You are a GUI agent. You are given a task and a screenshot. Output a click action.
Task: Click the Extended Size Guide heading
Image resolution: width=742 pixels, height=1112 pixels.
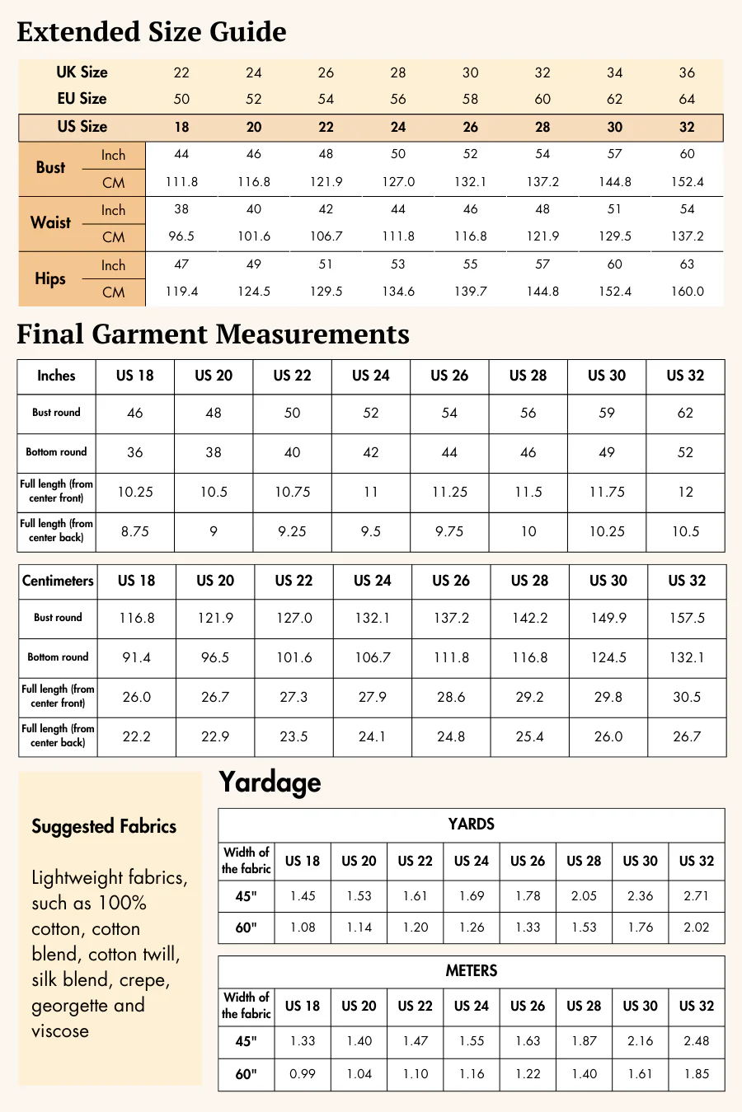pos(152,31)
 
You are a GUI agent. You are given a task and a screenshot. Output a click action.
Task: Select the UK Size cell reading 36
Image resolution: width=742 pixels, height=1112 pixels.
pos(687,72)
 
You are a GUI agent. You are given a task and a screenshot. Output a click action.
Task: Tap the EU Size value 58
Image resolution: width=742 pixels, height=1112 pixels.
pos(470,99)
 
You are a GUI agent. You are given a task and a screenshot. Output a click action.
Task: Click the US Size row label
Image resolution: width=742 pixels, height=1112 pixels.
pos(82,127)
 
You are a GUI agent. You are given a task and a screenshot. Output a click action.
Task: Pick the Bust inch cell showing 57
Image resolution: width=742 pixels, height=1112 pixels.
pos(614,154)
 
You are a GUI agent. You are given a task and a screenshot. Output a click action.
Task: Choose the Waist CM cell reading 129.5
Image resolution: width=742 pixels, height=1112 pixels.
pos(614,236)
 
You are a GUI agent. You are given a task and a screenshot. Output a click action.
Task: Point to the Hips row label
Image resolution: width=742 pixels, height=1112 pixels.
pos(50,278)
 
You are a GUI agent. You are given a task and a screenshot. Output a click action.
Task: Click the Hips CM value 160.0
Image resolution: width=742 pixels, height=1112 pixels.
pos(687,292)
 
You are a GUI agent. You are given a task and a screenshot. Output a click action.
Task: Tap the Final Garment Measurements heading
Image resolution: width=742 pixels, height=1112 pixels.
pos(213,334)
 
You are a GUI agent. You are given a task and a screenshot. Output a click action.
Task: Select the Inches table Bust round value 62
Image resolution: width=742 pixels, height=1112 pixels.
pos(685,413)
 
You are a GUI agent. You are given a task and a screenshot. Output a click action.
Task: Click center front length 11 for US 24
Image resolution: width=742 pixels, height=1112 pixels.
pos(371,492)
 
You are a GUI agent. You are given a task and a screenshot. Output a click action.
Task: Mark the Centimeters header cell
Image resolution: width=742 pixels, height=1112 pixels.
pos(58,581)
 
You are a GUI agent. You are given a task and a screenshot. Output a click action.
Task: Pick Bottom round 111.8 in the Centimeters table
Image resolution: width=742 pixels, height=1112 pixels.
pos(451,657)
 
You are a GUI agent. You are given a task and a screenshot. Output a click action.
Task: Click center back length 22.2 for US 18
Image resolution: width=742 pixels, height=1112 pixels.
pos(137,736)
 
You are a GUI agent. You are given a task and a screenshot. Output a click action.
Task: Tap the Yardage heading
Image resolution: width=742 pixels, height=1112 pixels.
pos(270,783)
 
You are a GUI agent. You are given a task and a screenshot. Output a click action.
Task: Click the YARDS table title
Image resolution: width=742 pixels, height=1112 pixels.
pos(471,824)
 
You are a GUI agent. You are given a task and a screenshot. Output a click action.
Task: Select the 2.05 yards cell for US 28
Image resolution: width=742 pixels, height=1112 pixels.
pos(584,896)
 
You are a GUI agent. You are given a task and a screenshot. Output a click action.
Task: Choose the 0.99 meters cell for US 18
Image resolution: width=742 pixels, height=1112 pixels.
pos(303,1074)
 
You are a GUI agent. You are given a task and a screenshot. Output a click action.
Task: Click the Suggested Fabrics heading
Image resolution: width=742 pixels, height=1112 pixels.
pos(104,826)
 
